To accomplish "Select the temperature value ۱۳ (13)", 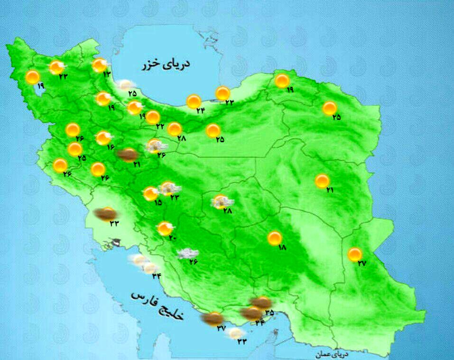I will (106, 74).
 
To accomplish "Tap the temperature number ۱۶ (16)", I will (111, 147).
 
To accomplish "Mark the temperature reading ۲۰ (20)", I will (172, 238).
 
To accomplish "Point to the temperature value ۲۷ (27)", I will (362, 264).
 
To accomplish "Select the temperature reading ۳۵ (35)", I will (269, 313).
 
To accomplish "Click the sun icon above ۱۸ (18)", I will (274, 238).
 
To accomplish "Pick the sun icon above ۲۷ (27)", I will (354, 254).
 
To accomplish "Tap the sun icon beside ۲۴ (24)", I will (193, 101).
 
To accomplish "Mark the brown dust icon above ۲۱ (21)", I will (128, 154).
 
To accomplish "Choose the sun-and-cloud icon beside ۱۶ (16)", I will (103, 138).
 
